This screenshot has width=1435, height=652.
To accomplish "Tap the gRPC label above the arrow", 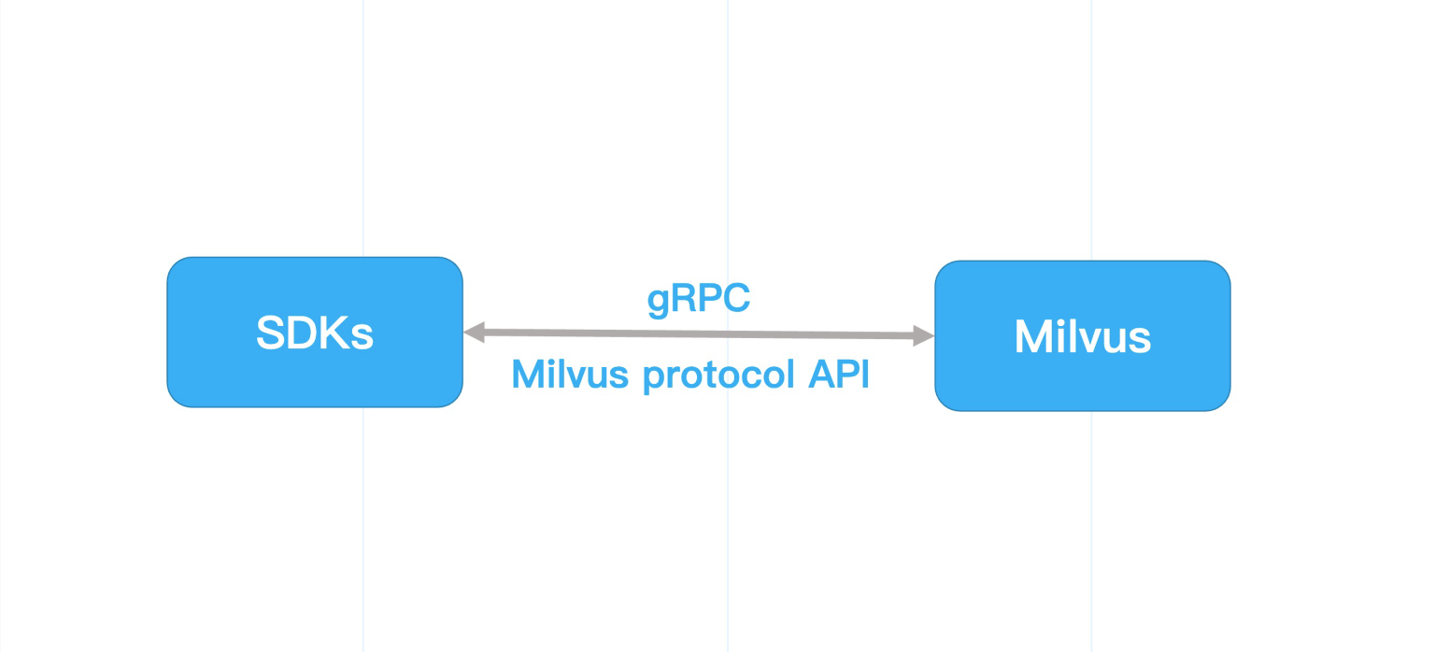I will (699, 300).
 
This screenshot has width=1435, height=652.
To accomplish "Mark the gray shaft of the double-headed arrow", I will (699, 333).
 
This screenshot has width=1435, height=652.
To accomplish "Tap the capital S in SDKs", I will (270, 332).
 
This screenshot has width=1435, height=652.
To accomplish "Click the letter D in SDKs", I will (301, 332).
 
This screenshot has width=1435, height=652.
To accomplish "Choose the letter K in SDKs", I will (334, 332).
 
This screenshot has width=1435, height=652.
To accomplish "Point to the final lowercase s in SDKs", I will (363, 336).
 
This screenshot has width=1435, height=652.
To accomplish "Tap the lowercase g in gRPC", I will (658, 303).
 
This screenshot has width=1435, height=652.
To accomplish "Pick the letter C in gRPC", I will (736, 299).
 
